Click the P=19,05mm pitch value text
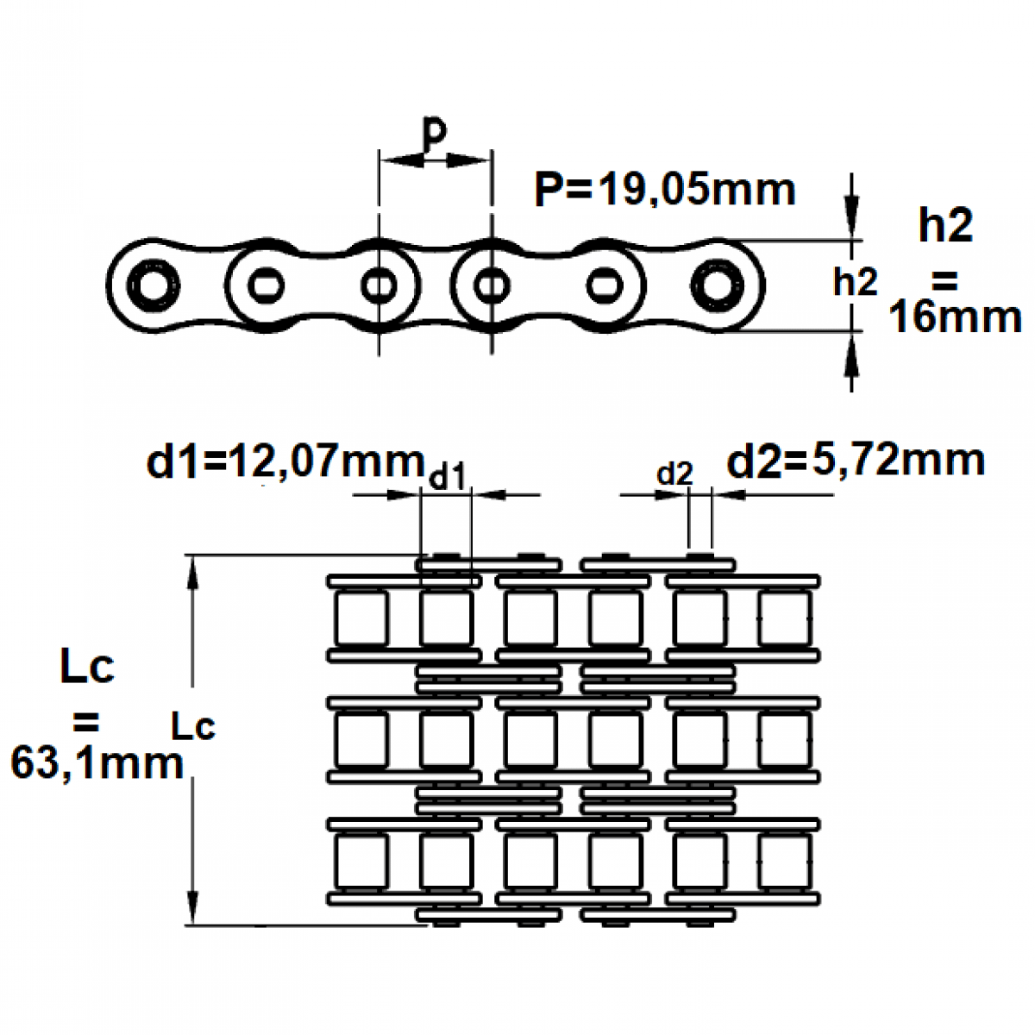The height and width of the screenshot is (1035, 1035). [664, 190]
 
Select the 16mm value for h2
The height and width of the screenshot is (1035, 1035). [955, 318]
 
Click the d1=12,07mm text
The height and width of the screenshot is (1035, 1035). [285, 462]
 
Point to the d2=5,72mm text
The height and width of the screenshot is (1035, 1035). [856, 461]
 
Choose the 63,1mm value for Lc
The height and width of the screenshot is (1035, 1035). [97, 764]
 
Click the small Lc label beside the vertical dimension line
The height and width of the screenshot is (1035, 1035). [192, 727]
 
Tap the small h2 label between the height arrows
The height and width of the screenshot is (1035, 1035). [855, 283]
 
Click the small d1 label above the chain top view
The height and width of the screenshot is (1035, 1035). [447, 477]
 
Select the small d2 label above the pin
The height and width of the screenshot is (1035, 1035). [674, 474]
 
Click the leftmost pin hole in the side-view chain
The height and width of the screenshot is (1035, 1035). [153, 285]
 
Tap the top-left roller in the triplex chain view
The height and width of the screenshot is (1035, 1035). [361, 618]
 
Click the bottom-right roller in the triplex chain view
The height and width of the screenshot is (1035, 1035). [784, 862]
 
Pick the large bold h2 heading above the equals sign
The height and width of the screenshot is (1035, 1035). [946, 226]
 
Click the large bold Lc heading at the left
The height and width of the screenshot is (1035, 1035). [87, 668]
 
